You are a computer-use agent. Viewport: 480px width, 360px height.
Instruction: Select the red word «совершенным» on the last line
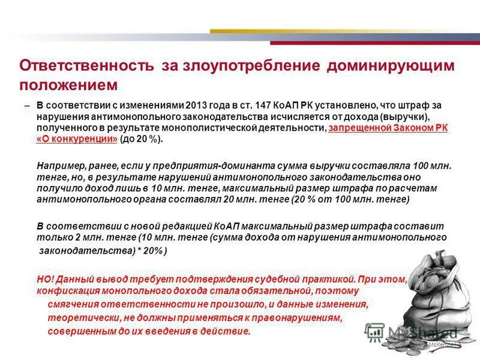point(76,331)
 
